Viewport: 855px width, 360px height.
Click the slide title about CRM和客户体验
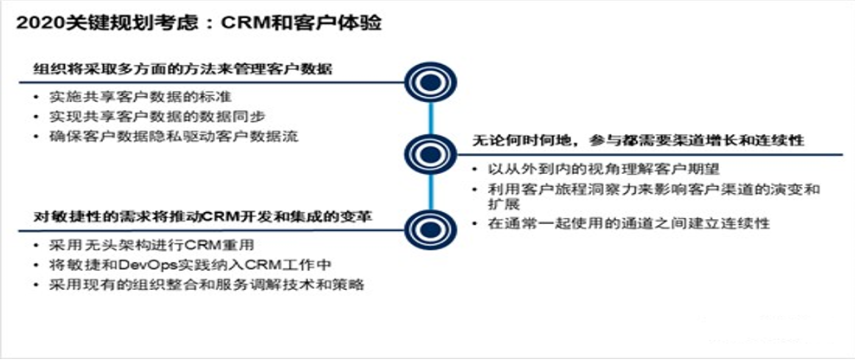point(199,23)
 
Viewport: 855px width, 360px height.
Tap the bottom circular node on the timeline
point(430,228)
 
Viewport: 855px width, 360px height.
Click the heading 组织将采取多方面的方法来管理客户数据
point(183,68)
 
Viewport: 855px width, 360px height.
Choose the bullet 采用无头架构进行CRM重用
point(143,245)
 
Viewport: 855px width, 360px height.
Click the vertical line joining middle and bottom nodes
point(430,191)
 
